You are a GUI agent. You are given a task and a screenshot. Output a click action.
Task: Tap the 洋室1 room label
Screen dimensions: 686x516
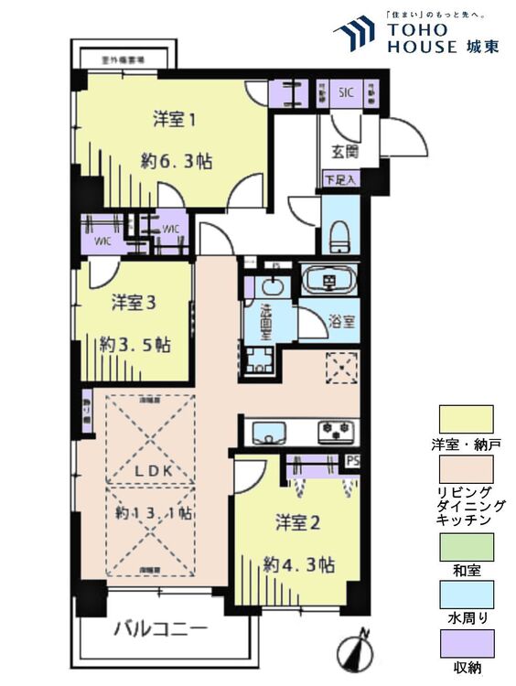175,119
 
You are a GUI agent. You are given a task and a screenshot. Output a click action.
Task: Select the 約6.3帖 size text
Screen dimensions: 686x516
177,161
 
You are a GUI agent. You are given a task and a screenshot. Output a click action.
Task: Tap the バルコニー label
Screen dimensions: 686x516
160,629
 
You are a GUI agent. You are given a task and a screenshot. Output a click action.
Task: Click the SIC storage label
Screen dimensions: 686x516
346,92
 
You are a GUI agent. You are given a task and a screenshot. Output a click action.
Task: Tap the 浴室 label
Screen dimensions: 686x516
343,322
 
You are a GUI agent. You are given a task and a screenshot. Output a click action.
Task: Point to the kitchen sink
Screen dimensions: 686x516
269,430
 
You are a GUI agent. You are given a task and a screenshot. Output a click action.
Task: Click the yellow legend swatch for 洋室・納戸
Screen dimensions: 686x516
466,419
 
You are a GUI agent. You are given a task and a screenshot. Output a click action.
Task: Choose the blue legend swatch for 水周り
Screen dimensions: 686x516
466,596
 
